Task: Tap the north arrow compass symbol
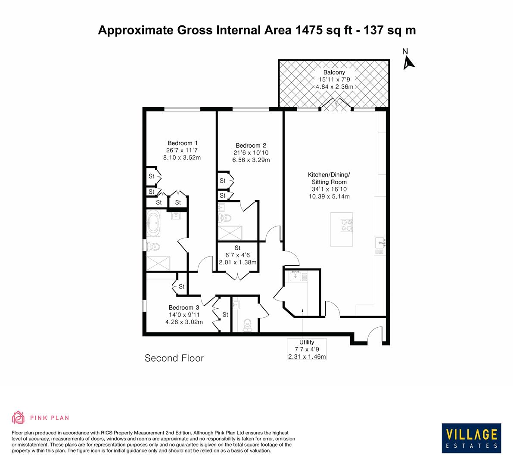pyautogui.click(x=407, y=63)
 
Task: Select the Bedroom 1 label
pyautogui.click(x=182, y=143)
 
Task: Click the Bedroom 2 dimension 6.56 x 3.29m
pyautogui.click(x=251, y=160)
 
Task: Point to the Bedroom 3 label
pyautogui.click(x=183, y=307)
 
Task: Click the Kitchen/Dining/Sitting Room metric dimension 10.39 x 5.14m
pyautogui.click(x=329, y=196)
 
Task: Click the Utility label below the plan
pyautogui.click(x=307, y=342)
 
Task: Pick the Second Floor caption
pyautogui.click(x=174, y=358)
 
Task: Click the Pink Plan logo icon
pyautogui.click(x=19, y=417)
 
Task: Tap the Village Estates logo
pyautogui.click(x=471, y=437)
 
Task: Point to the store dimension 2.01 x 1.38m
pyautogui.click(x=237, y=262)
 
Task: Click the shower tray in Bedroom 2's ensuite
pyautogui.click(x=230, y=232)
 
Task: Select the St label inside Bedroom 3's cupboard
pyautogui.click(x=225, y=315)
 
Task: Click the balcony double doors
pyautogui.click(x=336, y=105)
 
